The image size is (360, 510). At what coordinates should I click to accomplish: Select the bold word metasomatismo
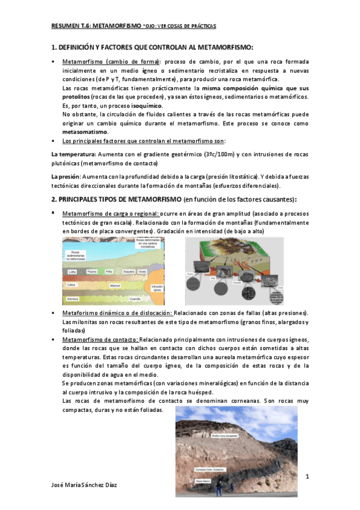85,131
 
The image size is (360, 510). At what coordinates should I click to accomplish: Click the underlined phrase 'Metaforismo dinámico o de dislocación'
117,313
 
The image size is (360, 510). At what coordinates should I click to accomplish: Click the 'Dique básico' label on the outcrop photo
203,481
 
